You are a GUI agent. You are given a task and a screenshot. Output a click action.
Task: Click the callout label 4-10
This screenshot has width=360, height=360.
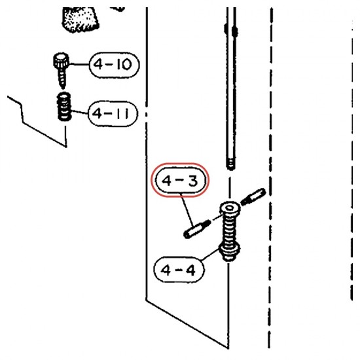[114, 65]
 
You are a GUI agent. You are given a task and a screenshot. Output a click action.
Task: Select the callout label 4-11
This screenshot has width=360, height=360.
[113, 114]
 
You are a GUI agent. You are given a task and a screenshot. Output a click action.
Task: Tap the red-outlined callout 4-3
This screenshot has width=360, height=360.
[180, 180]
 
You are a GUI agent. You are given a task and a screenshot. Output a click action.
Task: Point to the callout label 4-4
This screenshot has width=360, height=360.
[179, 270]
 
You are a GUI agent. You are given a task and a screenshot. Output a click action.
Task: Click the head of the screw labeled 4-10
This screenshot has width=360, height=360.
[61, 60]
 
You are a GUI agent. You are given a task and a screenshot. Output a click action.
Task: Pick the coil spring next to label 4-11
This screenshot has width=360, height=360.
[64, 106]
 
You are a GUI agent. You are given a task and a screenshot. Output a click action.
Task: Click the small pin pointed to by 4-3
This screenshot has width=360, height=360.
[197, 229]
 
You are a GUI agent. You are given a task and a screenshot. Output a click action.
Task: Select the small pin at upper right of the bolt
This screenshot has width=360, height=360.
[253, 196]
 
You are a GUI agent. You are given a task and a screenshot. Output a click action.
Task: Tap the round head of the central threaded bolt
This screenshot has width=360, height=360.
[230, 209]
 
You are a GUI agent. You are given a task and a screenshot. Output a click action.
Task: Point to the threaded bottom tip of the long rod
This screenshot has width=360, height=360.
[230, 164]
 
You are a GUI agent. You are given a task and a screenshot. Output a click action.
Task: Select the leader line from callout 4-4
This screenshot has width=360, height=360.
[210, 255]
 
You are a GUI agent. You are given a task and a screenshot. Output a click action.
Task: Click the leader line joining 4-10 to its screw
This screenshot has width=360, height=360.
[79, 64]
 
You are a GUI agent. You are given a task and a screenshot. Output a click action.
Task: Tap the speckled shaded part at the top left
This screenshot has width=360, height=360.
[79, 19]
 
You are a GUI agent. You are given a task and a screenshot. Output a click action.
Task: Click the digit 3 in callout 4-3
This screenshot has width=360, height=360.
[192, 181]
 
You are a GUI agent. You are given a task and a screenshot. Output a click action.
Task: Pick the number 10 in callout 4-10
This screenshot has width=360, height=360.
[124, 65]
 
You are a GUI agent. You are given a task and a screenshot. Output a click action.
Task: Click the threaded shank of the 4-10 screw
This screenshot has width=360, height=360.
[62, 78]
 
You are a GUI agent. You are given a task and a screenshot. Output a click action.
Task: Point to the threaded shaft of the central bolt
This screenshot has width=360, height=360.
[229, 230]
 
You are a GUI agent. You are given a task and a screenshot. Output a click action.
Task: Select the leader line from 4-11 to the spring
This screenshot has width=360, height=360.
[80, 113]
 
